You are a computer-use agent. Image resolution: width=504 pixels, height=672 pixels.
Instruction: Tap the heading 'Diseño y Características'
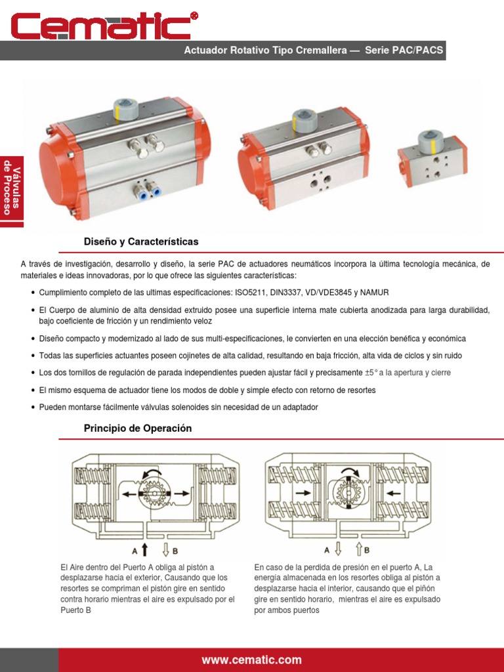(x=141, y=242)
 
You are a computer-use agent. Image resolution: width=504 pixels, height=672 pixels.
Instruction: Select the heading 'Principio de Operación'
(x=138, y=429)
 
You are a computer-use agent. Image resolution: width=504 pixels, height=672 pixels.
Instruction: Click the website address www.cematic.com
(x=252, y=660)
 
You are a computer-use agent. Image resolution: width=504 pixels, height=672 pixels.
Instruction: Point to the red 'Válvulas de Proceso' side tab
(x=12, y=190)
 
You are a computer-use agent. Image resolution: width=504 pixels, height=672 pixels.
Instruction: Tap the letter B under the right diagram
(x=367, y=550)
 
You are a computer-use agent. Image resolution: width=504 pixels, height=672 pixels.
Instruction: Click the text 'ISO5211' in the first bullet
(x=243, y=293)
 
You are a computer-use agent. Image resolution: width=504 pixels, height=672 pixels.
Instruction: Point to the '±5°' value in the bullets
(x=371, y=373)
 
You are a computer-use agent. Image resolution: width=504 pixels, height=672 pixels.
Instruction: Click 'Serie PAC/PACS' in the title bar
(x=406, y=51)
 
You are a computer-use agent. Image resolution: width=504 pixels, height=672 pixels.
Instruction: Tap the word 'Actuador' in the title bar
(x=203, y=51)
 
